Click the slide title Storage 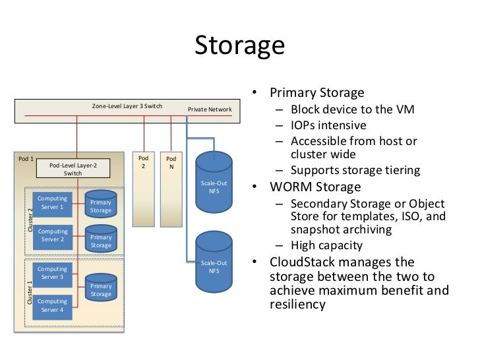point(239,45)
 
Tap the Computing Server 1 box point(52,202)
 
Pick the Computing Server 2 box point(52,235)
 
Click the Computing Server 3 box point(52,273)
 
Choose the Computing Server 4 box point(52,305)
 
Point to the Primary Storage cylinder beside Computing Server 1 point(101,205)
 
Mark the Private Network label point(209,109)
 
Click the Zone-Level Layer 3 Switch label point(127,106)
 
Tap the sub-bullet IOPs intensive point(328,125)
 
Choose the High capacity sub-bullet point(326,245)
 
